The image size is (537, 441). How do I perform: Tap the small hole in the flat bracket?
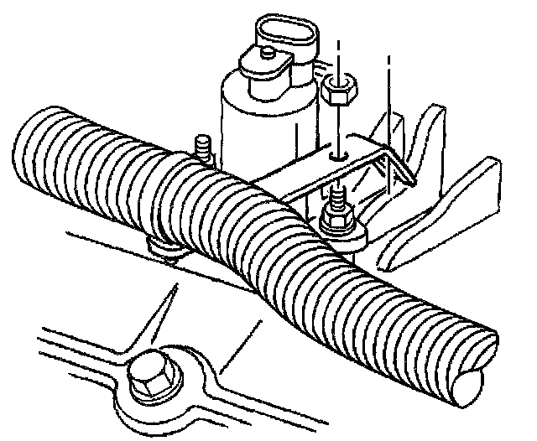click(336, 155)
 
